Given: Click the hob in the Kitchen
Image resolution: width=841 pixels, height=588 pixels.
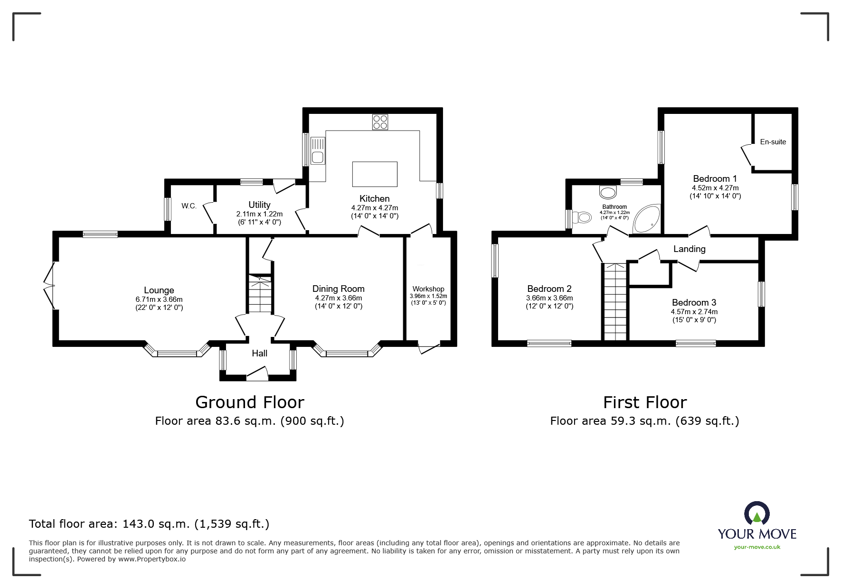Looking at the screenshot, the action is coord(380,122).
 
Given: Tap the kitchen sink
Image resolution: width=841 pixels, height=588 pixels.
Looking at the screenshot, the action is coord(318,151).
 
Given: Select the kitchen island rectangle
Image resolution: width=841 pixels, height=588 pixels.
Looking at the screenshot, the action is coord(375,174).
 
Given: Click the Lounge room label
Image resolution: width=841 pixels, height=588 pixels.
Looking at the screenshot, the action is coord(159,290).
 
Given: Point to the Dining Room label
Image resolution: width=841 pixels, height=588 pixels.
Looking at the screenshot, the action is coord(339,289).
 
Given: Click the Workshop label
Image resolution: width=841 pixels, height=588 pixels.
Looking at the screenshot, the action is coord(428,289).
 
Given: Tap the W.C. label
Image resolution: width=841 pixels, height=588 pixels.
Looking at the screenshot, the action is coord(189,206).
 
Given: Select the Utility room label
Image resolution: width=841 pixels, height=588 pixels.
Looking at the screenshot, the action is coord(259,205).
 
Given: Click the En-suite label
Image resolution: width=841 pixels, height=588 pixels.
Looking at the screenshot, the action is coord(773,142).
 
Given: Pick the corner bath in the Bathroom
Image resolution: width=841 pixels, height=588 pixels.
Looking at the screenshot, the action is coord(646,219).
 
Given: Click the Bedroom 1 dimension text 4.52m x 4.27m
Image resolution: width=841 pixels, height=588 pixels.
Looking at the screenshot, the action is coord(715,188).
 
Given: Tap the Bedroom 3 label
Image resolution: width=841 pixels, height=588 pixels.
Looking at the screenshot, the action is coord(694,302).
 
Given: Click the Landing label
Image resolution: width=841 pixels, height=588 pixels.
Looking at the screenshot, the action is coord(690,249).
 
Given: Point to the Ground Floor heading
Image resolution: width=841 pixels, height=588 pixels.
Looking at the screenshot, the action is coord(250,402).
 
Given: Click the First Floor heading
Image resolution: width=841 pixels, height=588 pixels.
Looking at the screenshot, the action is coord(645,402).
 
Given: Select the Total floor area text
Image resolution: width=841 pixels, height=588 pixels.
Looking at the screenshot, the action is coord(149,524).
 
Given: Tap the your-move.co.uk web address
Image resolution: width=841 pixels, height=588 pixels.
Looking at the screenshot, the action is coord(757,547).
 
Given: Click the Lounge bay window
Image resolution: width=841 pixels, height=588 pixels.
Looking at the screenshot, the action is coord(177,350).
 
